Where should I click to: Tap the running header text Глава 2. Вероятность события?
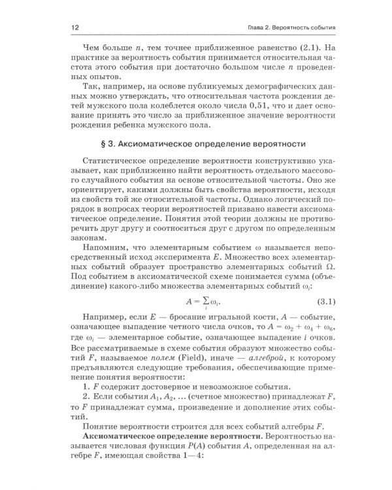coord(291,29)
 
